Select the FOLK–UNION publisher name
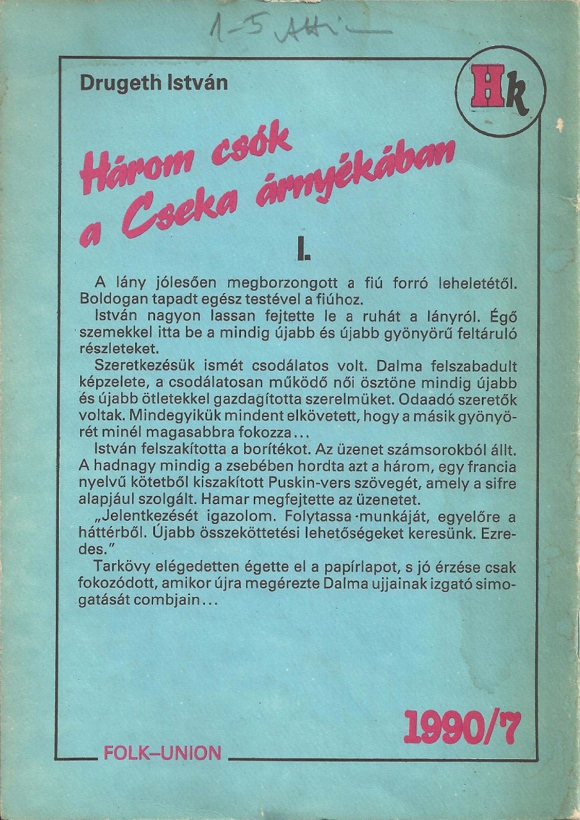coord(162,753)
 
